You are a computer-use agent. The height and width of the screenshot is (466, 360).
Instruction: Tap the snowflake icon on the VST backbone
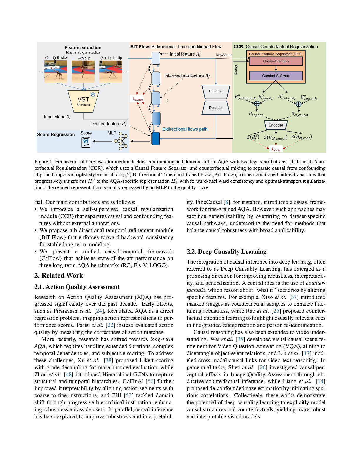(x=93, y=95)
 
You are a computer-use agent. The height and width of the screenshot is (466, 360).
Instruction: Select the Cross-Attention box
(x=276, y=61)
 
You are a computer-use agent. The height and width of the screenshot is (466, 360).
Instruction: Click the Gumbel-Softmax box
(x=276, y=76)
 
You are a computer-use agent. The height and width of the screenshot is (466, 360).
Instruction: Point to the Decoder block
(x=216, y=108)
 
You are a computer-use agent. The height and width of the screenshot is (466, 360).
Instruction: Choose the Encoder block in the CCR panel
(x=276, y=125)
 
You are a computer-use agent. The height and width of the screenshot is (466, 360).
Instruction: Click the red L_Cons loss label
(x=138, y=99)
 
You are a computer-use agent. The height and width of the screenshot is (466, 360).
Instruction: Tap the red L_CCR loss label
(x=276, y=149)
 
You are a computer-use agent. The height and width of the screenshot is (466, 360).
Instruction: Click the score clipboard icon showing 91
(x=86, y=142)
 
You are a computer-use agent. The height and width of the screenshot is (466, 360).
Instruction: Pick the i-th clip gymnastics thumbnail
(x=84, y=71)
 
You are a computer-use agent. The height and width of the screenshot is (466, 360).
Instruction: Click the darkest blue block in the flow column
(x=156, y=139)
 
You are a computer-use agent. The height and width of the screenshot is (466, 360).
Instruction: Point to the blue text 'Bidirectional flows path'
(x=185, y=129)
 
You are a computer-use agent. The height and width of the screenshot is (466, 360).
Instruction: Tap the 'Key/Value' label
(x=224, y=55)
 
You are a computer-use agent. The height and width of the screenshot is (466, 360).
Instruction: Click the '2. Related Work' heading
(x=59, y=276)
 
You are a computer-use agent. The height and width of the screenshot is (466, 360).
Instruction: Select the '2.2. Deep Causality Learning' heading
(x=226, y=252)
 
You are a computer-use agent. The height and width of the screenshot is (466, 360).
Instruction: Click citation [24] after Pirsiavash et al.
(x=99, y=311)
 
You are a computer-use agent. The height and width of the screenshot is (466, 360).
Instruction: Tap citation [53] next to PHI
(x=129, y=395)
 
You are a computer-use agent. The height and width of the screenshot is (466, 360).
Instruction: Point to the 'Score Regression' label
(x=56, y=134)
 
